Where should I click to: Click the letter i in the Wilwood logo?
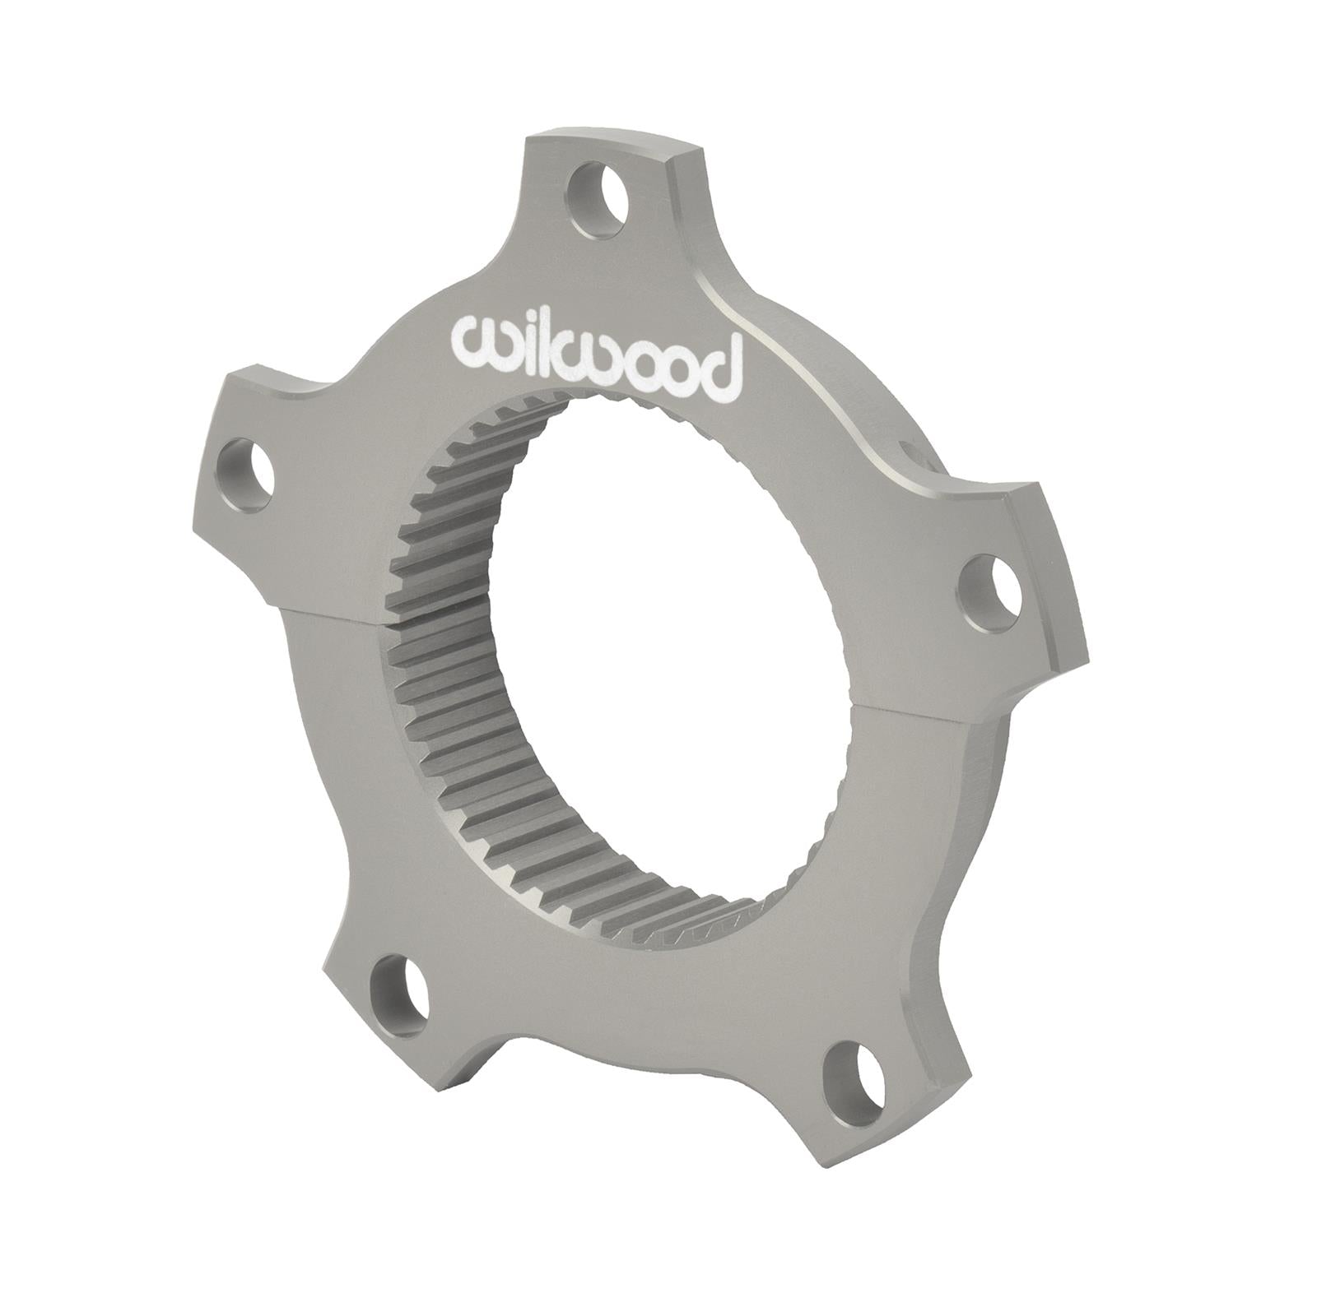click(517, 345)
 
